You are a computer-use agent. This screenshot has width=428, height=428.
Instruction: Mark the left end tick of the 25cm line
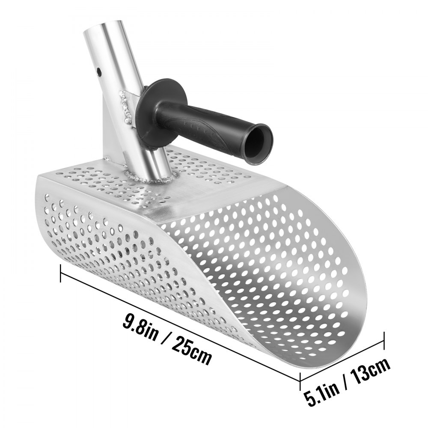tap(62, 273)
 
